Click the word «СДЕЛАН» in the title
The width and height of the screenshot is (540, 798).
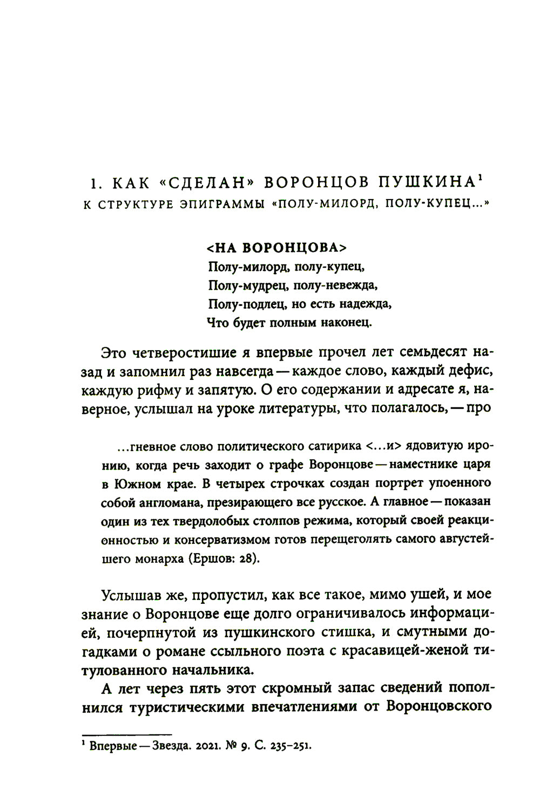point(205,183)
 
